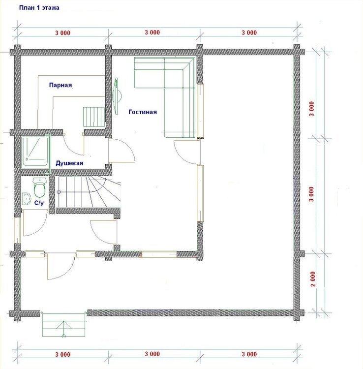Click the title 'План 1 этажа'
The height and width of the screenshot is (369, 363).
pos(39,8)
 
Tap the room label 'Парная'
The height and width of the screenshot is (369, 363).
pos(60,85)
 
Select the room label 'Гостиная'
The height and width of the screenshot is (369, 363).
pos(143,112)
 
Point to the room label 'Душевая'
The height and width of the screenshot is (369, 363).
pos(69,163)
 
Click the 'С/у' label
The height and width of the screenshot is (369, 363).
pos(39,203)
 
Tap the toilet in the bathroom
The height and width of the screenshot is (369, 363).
pos(39,187)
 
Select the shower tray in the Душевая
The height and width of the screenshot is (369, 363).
pos(35,152)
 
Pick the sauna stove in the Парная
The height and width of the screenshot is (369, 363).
pos(94,117)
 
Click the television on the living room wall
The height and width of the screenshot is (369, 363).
pos(117,96)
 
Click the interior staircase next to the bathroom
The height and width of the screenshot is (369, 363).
pos(88,191)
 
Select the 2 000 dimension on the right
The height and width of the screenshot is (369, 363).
pos(313,279)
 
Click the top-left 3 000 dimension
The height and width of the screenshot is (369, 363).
pos(63,33)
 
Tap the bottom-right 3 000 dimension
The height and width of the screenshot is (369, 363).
pos(249,354)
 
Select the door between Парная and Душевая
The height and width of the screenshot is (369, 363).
pos(74,145)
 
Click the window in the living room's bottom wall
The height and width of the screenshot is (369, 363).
pos(159,254)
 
